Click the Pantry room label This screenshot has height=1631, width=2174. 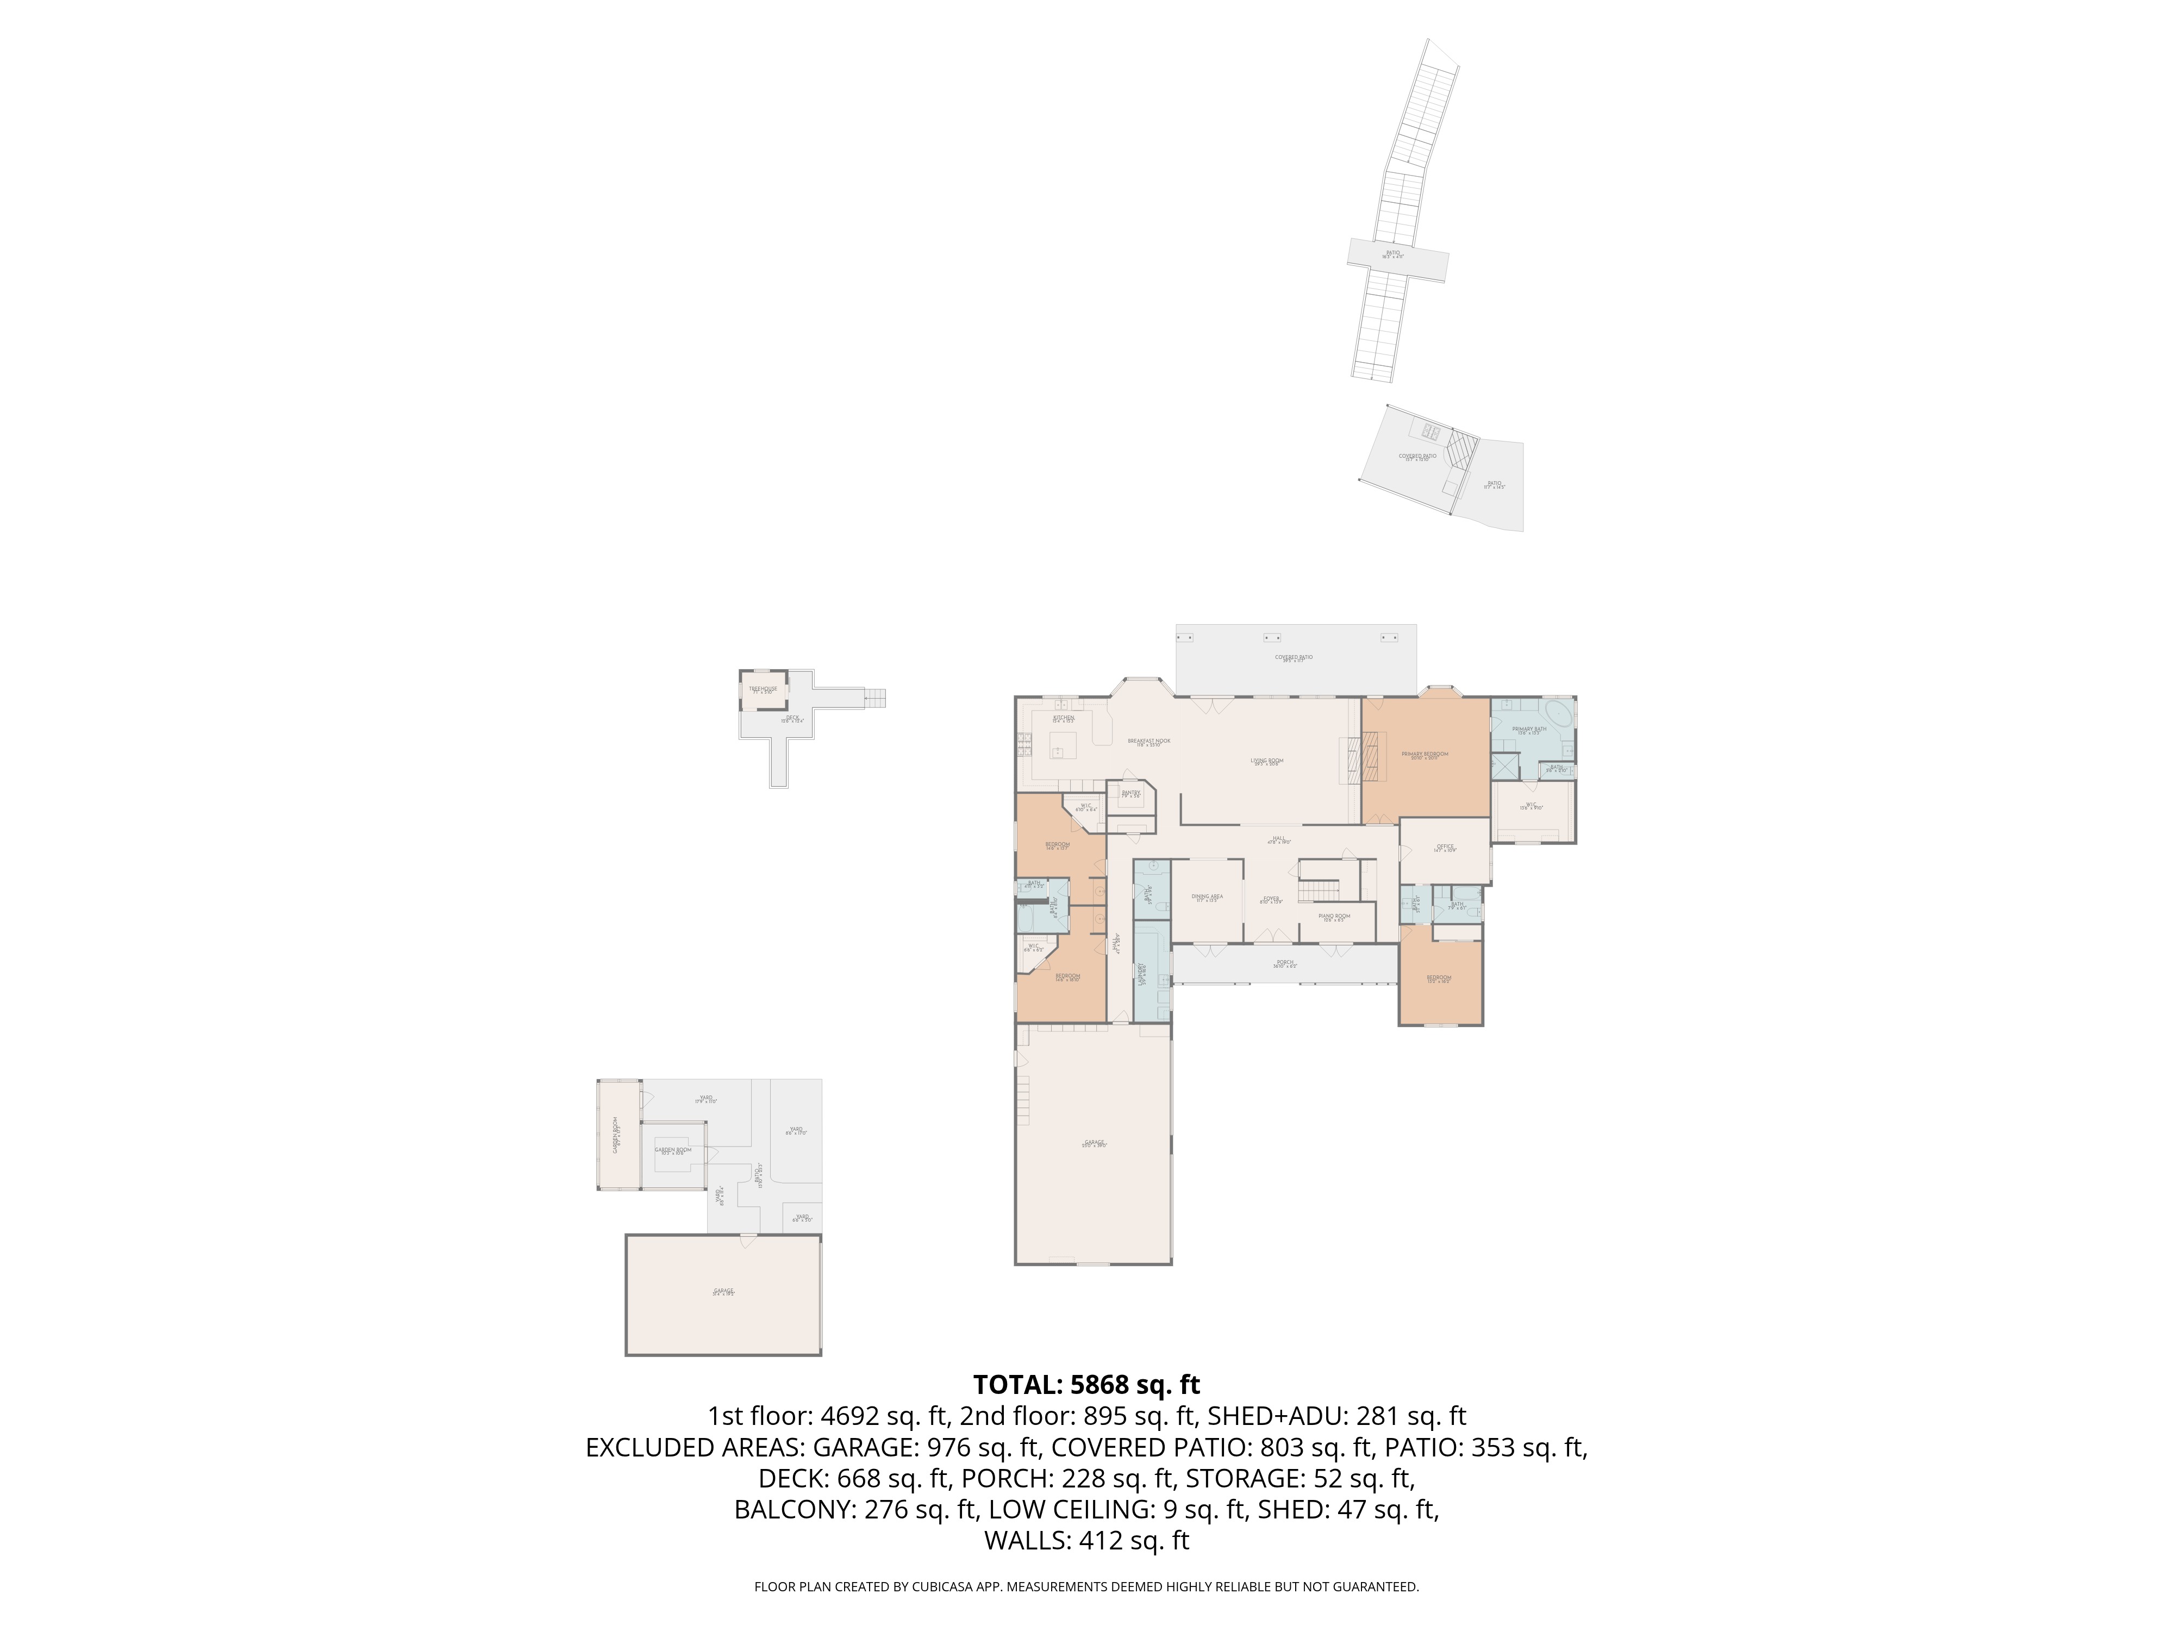point(1131,793)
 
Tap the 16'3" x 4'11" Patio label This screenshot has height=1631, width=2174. point(1392,254)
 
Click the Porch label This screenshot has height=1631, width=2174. point(1284,963)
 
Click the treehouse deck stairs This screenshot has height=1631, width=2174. point(874,697)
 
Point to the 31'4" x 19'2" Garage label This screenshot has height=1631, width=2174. point(723,1292)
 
